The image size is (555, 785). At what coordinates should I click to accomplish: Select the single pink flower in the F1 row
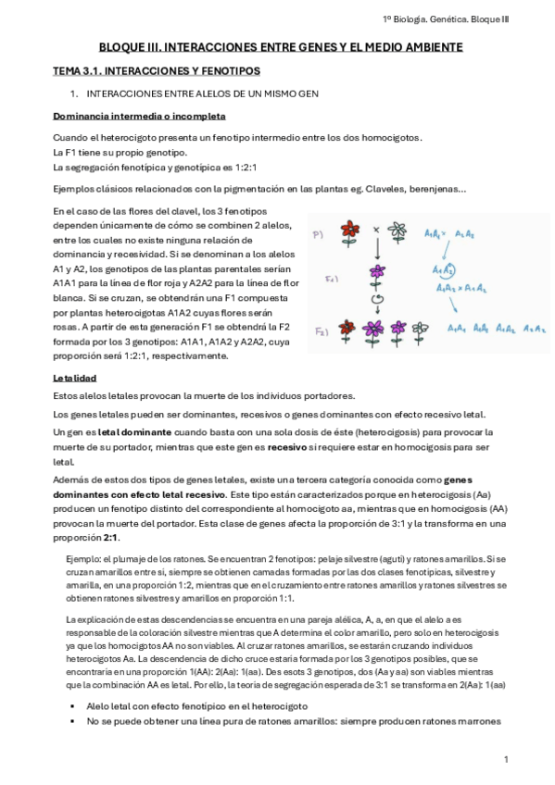[375, 273]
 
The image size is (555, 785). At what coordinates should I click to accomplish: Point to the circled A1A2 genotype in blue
[446, 269]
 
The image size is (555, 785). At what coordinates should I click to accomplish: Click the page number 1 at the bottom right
[507, 759]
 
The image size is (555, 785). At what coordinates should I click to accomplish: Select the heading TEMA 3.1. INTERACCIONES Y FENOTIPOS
[156, 71]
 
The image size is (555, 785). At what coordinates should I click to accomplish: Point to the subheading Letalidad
[76, 379]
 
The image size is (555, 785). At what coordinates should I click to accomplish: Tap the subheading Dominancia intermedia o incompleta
[139, 116]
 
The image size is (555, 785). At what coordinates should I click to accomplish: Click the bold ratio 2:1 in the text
[110, 539]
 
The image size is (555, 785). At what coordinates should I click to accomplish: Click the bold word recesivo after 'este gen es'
[293, 446]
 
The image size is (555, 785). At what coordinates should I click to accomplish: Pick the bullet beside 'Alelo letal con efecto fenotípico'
[71, 705]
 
